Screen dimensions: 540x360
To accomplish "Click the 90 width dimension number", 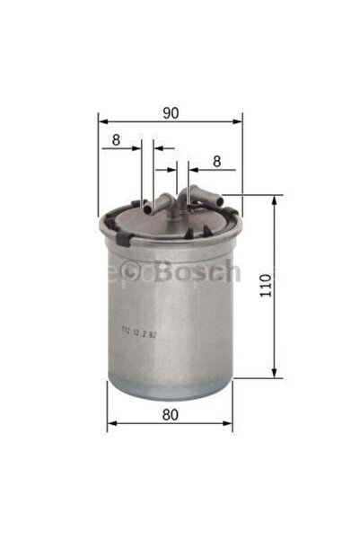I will click(x=171, y=112).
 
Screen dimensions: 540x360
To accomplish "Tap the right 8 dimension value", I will click(x=216, y=161).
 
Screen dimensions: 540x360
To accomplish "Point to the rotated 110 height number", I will click(x=290, y=287).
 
